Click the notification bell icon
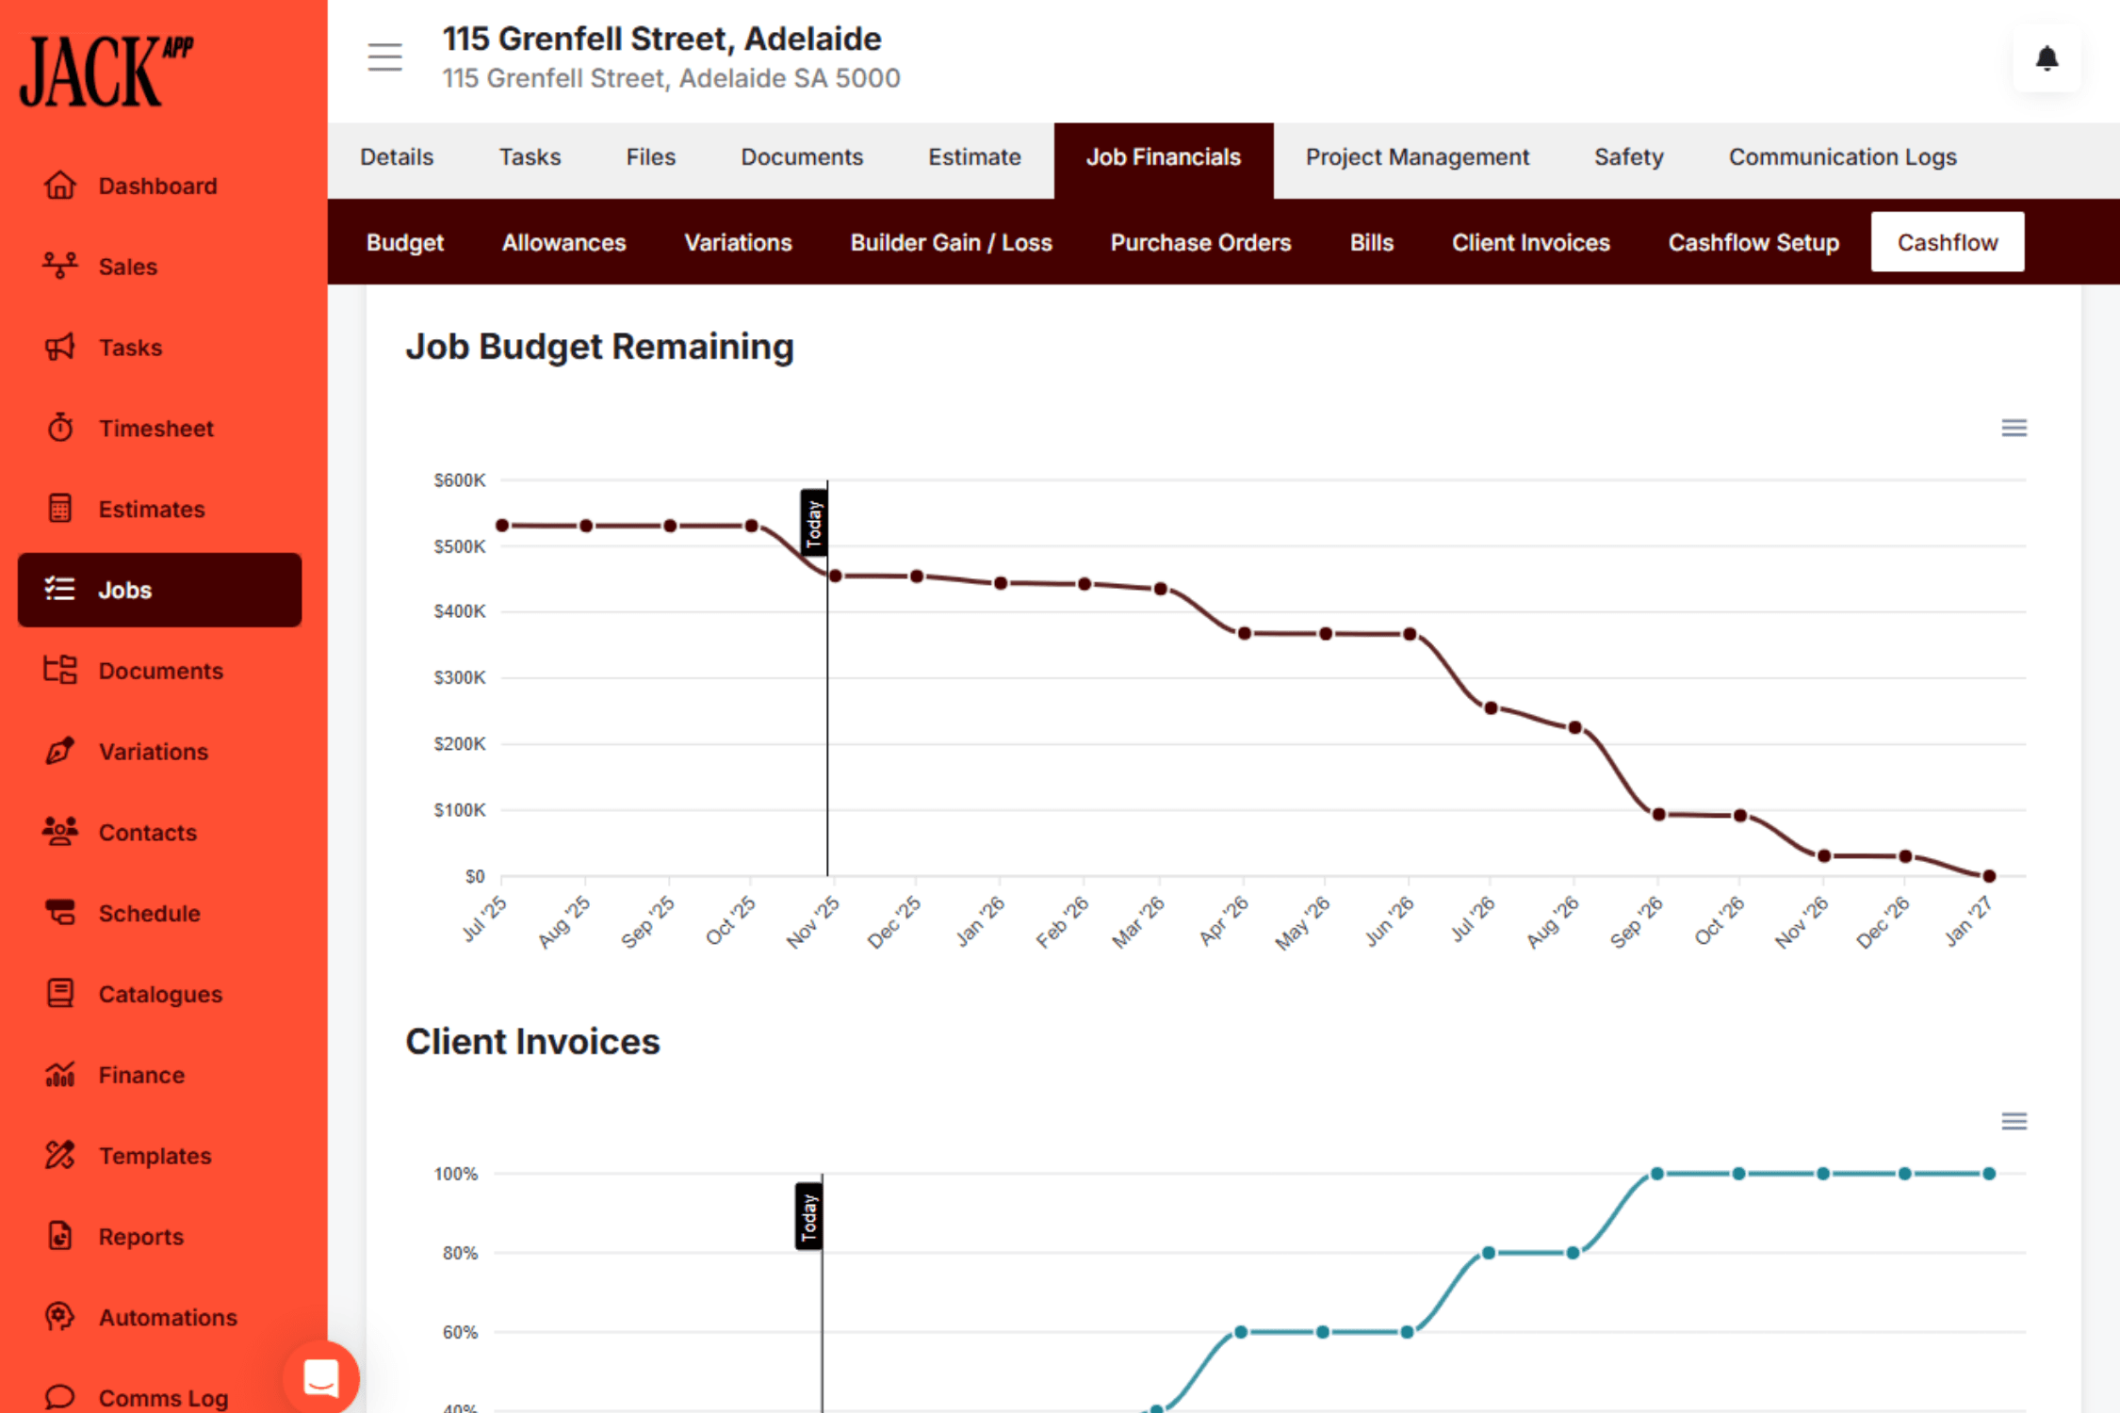(2047, 59)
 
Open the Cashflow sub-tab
(1947, 242)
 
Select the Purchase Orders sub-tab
(1200, 242)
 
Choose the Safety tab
(1628, 157)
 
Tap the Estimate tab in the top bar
(974, 157)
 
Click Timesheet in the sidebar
(156, 429)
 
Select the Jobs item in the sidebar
(159, 590)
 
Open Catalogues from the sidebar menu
(160, 994)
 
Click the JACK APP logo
(106, 72)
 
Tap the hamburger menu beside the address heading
(384, 57)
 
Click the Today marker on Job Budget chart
(814, 523)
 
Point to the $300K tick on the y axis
(460, 677)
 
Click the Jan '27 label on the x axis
(1968, 920)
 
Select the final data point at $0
(1989, 876)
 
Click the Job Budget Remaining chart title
(599, 347)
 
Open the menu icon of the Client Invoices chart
(2014, 1121)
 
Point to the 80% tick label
(460, 1253)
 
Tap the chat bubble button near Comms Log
(320, 1378)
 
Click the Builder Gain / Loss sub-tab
(951, 242)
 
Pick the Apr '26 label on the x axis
(1223, 920)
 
